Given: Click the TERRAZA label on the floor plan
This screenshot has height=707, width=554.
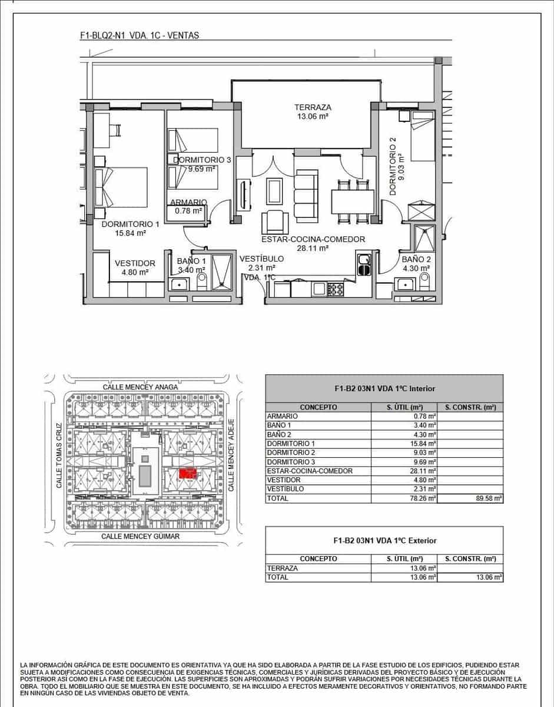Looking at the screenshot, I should pyautogui.click(x=313, y=107).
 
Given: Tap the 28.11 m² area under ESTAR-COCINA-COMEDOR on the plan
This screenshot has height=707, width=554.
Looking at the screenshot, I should pyautogui.click(x=313, y=249).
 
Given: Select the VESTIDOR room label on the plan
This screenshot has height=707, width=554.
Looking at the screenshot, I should pyautogui.click(x=135, y=263).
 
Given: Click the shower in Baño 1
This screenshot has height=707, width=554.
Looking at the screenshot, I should pyautogui.click(x=221, y=272).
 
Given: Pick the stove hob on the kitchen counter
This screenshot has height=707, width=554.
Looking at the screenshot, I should pyautogui.click(x=336, y=289).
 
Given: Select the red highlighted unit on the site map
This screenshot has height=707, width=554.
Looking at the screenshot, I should pyautogui.click(x=187, y=474).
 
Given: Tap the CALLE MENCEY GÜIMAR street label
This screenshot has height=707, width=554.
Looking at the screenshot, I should pyautogui.click(x=140, y=536).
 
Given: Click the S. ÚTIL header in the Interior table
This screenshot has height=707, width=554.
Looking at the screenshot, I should pyautogui.click(x=404, y=407).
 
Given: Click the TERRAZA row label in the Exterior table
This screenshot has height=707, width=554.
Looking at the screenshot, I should pyautogui.click(x=283, y=568).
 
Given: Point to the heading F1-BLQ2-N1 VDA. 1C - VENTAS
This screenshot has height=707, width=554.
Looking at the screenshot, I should pyautogui.click(x=139, y=35).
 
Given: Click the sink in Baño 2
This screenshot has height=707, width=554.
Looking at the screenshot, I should pyautogui.click(x=404, y=284).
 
